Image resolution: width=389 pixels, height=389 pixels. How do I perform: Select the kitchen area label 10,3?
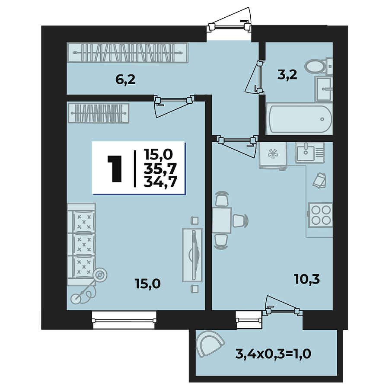[308, 280]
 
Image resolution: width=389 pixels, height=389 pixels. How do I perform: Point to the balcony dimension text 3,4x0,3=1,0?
[274, 355]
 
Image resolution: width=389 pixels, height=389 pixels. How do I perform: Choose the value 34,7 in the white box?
[160, 182]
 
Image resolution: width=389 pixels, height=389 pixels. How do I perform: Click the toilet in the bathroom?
[316, 67]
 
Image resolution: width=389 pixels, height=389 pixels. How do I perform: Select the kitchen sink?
[309, 152]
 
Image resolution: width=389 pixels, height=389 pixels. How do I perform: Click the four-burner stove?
[320, 214]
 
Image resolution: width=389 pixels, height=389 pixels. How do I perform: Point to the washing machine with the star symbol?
[272, 155]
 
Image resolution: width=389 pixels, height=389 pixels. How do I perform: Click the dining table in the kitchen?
[221, 220]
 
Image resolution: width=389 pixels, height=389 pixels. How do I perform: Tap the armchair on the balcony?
[210, 343]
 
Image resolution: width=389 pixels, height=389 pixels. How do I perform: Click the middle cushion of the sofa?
[83, 244]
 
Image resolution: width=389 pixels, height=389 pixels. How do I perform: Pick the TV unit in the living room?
[192, 255]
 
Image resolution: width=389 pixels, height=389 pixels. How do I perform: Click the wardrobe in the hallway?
[128, 53]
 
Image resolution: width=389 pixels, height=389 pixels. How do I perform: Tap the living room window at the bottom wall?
[124, 320]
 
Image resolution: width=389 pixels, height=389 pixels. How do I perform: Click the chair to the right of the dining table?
[240, 220]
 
